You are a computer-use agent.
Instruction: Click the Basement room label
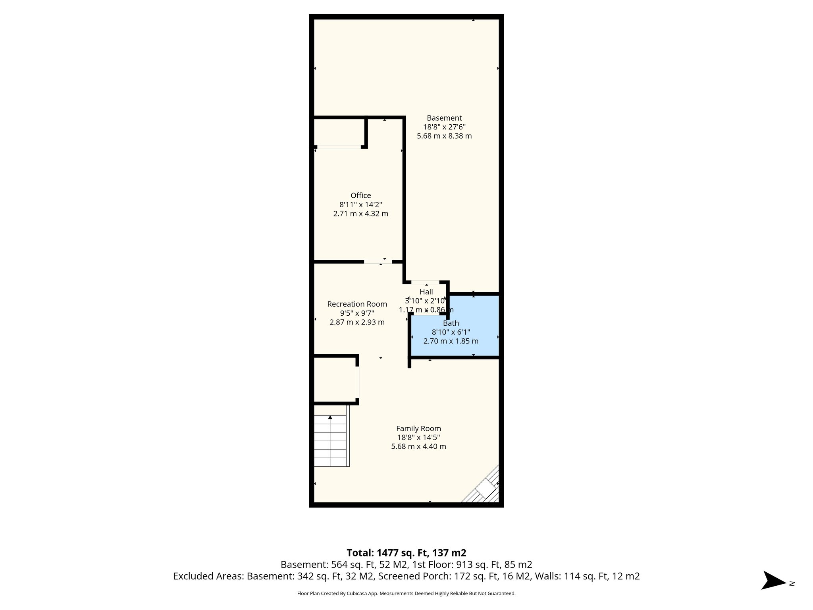coord(444,118)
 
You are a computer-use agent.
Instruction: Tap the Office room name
coord(360,195)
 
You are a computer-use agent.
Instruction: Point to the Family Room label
coord(418,429)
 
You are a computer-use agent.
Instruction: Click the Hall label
coord(426,292)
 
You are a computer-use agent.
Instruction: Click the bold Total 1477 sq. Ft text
coord(406,553)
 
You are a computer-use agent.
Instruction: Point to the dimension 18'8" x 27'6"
coord(444,127)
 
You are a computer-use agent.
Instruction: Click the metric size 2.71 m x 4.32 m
coord(360,214)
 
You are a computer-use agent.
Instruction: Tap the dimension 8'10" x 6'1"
coord(451,332)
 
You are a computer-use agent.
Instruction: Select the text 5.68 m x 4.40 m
coord(418,446)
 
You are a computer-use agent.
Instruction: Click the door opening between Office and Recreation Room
coord(378,262)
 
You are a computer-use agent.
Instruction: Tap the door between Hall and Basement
coord(425,282)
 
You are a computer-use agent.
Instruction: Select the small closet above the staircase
coord(335,379)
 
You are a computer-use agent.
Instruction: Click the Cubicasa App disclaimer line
coord(406,593)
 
